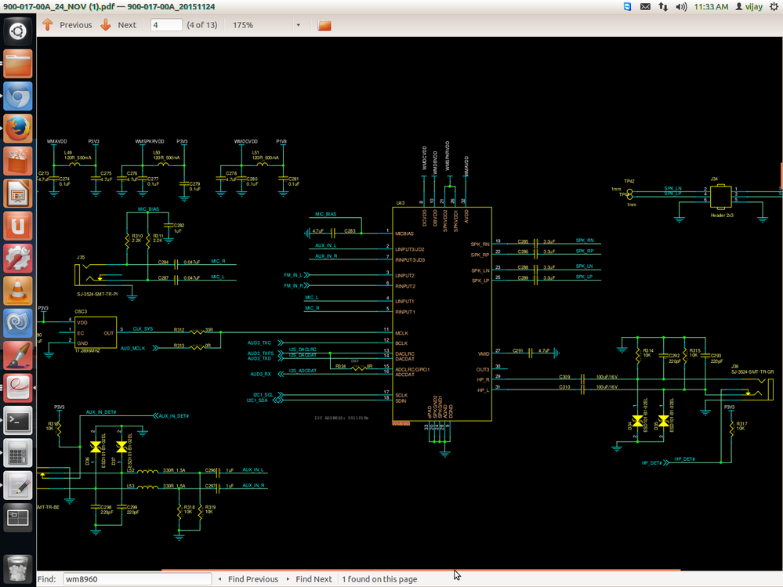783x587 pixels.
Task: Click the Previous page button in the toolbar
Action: (x=67, y=25)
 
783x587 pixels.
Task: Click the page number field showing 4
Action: (x=165, y=25)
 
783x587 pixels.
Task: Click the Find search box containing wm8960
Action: (x=136, y=579)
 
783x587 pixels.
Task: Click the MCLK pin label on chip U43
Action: (x=403, y=332)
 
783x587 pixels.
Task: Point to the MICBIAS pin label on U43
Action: (x=406, y=234)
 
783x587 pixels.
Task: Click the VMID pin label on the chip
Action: (x=484, y=353)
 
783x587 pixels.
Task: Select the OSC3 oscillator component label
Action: (x=82, y=311)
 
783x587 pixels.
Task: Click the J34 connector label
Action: (x=714, y=179)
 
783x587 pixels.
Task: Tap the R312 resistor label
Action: (x=179, y=330)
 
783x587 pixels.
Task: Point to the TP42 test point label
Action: (x=629, y=181)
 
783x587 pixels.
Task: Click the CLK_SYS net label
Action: (x=143, y=328)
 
